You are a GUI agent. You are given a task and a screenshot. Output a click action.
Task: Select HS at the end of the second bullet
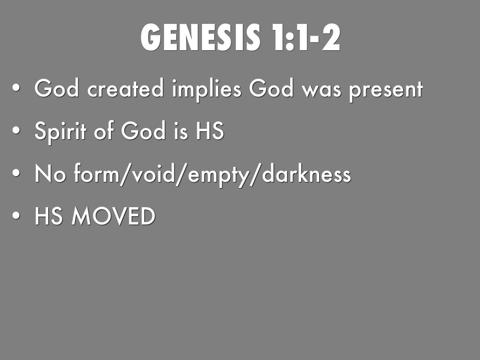[x=210, y=132]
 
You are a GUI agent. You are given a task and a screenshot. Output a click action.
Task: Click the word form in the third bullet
[x=94, y=175]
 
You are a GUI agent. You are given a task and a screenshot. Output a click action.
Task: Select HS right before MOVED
[x=48, y=217]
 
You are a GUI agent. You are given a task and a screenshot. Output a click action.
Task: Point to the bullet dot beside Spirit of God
[x=17, y=133]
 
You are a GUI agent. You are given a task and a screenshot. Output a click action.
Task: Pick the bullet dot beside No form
[x=17, y=175]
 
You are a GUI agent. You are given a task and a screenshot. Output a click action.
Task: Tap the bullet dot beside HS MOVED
[x=17, y=217]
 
